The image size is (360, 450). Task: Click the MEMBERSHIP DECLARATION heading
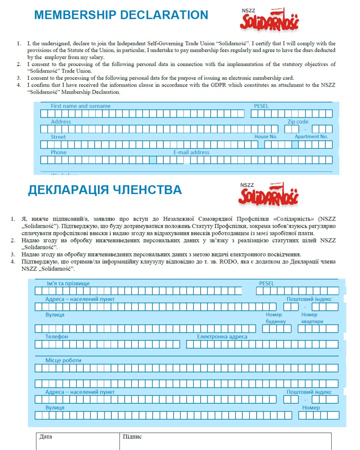coord(121,15)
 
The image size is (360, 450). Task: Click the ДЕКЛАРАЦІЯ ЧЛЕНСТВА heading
coord(105,190)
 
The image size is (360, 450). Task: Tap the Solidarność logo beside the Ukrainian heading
coord(268,194)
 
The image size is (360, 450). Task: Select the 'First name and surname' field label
coord(80,106)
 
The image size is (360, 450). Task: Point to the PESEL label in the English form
coord(261,106)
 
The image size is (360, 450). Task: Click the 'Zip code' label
coord(298,122)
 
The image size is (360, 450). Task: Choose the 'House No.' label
coord(266,137)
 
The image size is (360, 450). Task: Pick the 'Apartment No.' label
coord(311,137)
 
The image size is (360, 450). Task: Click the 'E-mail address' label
coord(191,152)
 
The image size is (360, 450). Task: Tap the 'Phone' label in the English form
coord(58,152)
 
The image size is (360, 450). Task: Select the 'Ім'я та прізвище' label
coord(68,283)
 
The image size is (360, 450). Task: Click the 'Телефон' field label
coord(57,337)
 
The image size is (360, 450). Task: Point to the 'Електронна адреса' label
coord(222,337)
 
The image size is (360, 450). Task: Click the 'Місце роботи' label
coord(63,360)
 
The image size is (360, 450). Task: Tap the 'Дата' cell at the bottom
coord(46,437)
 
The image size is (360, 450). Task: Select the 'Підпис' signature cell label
coord(132,437)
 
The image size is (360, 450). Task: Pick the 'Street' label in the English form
coord(58,137)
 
